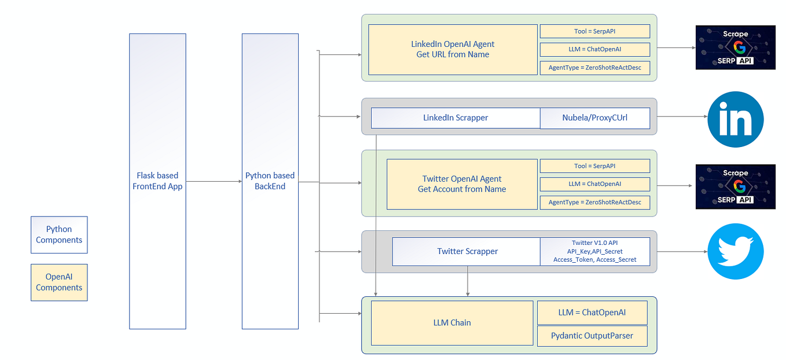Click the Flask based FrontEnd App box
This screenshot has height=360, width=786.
[157, 181]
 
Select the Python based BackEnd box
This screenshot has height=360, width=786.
[270, 181]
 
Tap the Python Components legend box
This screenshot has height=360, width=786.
[59, 234]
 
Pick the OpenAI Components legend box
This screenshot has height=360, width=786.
[59, 282]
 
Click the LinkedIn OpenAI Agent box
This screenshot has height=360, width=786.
[453, 49]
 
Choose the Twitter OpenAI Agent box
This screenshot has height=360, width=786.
[462, 184]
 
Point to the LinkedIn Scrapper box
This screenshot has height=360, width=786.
[456, 117]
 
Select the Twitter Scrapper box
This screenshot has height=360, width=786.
[467, 251]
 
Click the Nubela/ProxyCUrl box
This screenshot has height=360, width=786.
[594, 117]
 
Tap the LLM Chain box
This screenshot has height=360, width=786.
[452, 322]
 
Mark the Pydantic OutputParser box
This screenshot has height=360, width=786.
[592, 336]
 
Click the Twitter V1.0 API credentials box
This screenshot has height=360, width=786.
[594, 251]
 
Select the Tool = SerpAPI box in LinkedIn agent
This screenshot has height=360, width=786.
[594, 31]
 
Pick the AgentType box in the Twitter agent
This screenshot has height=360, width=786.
[594, 202]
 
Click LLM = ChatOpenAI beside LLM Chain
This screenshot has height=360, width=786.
[592, 313]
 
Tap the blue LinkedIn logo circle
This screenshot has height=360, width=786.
[736, 119]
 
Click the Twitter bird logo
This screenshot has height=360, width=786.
[736, 251]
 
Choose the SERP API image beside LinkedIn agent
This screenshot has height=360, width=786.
[735, 47]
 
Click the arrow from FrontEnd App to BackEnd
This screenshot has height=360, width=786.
[214, 181]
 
